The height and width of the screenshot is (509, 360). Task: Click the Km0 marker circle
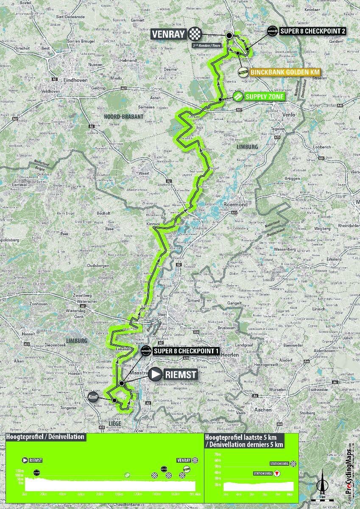(x=93, y=397)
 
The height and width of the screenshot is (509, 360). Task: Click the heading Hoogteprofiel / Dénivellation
(x=45, y=436)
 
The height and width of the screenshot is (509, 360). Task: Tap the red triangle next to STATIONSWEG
(x=277, y=473)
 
